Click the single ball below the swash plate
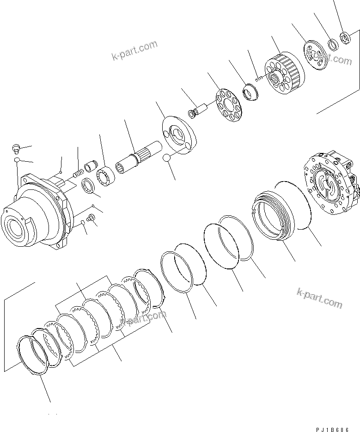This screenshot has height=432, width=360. (x=167, y=158)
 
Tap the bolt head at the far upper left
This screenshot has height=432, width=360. (x=16, y=148)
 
